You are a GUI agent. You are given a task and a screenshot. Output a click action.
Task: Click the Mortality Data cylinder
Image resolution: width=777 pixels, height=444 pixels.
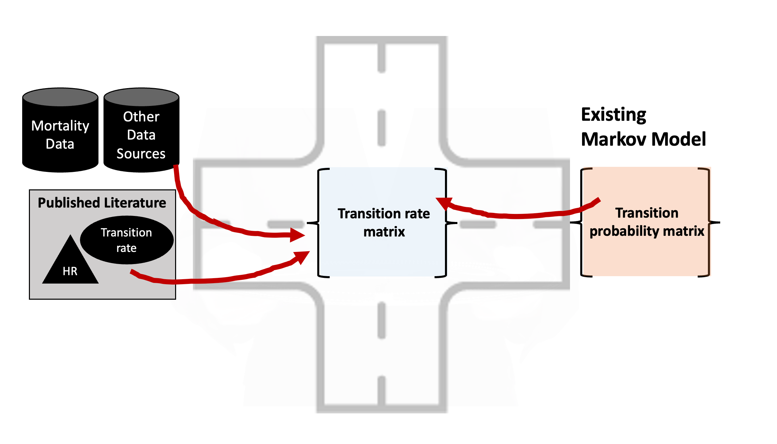click(x=60, y=135)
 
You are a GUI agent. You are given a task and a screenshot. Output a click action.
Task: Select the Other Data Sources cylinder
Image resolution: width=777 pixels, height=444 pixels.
click(x=141, y=135)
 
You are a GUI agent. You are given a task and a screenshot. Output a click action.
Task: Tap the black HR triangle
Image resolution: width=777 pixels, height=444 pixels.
click(x=70, y=266)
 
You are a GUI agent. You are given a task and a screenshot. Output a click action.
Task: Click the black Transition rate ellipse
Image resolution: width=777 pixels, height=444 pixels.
click(x=127, y=240)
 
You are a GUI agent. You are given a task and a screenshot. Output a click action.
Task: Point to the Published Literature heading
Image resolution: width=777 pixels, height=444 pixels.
click(x=102, y=203)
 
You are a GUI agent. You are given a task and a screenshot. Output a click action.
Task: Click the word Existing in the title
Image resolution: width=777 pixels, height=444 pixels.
click(x=613, y=115)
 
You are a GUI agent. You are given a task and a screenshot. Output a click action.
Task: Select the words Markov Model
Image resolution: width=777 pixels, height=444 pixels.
click(x=643, y=139)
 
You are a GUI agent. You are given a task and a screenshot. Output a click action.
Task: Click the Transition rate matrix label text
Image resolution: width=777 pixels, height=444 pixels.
click(x=384, y=222)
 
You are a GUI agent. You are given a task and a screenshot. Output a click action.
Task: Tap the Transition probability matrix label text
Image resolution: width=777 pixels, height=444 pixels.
click(x=647, y=222)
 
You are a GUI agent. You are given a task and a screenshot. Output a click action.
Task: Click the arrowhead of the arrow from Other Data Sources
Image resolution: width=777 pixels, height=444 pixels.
click(x=297, y=235)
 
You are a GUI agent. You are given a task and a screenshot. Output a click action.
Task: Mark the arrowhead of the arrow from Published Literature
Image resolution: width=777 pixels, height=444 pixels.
click(x=302, y=257)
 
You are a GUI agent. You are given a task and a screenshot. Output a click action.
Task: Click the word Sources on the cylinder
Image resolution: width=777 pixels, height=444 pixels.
click(x=141, y=154)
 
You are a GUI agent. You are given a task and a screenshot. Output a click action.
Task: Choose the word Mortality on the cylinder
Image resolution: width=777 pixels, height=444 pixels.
click(x=60, y=126)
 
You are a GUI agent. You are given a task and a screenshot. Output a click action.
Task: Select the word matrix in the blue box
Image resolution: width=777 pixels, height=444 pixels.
click(x=384, y=232)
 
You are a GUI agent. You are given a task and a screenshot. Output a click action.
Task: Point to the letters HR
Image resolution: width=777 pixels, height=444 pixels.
click(x=70, y=271)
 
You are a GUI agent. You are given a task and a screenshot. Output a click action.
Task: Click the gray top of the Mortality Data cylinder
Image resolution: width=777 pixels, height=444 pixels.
click(x=60, y=97)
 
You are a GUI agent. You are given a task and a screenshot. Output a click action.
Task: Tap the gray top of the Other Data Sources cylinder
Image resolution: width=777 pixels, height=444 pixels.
click(x=141, y=97)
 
